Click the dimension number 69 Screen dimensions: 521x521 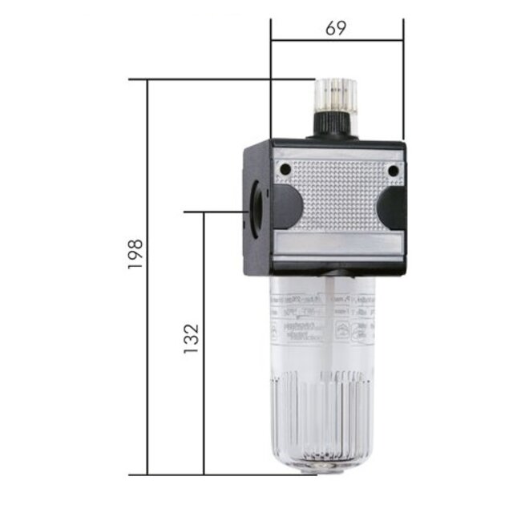pos(336,28)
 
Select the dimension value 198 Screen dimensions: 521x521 pos(135,254)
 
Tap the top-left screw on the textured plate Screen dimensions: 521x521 pos(283,169)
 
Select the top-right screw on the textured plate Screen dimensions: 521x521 pos(392,170)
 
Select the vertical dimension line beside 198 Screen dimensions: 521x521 pos(148,361)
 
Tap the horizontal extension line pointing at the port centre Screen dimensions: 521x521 pos(216,212)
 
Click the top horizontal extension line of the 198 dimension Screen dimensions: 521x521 pos(208,79)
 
